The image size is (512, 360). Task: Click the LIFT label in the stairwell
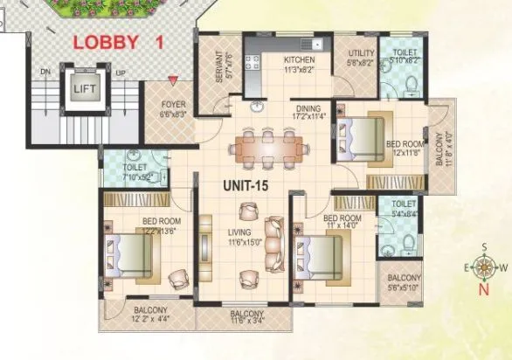pyautogui.click(x=83, y=89)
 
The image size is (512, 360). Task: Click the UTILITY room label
pyautogui.click(x=359, y=54)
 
